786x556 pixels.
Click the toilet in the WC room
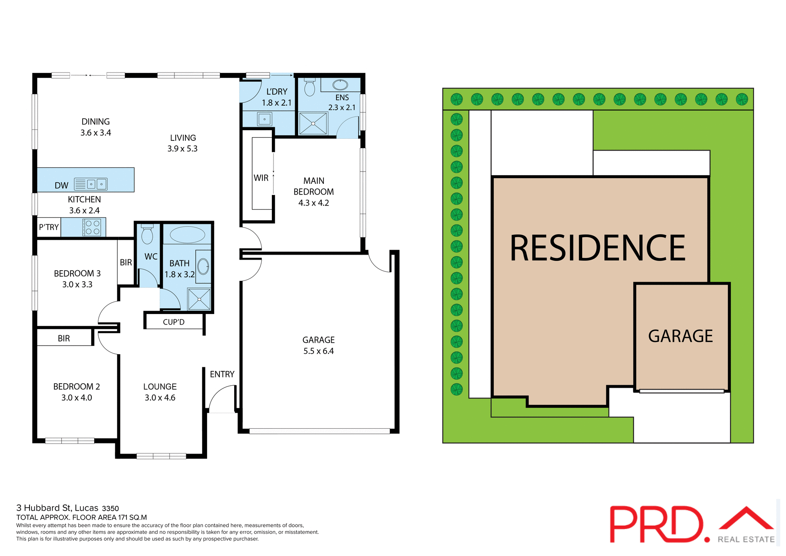(147, 235)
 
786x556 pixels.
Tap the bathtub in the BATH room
(187, 235)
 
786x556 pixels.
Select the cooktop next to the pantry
(91, 227)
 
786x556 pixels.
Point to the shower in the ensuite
(313, 123)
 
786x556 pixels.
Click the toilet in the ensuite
(310, 87)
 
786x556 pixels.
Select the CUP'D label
(174, 322)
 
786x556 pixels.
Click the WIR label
(261, 178)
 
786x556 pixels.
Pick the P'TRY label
(49, 227)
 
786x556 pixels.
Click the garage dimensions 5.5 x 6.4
(318, 351)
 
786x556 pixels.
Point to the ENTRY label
(222, 374)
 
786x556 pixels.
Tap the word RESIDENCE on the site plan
(597, 248)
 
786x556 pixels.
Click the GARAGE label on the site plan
(680, 336)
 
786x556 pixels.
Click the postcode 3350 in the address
(110, 509)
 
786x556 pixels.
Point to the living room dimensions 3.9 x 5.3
(182, 149)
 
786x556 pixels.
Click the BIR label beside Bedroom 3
(126, 262)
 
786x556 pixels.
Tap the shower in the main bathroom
(199, 299)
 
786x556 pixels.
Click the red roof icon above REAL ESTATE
(746, 519)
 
